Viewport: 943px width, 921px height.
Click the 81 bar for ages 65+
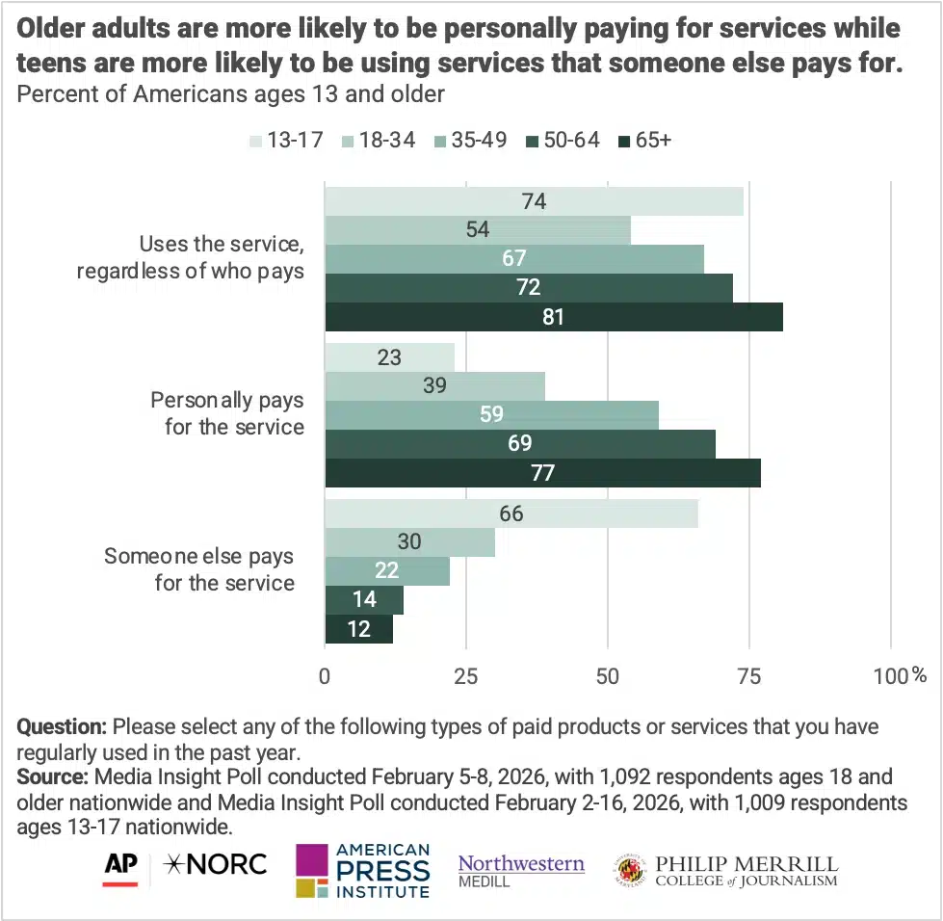[553, 317]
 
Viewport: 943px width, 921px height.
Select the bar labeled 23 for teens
[389, 357]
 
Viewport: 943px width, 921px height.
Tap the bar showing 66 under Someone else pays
[511, 513]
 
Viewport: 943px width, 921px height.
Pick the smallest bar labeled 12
[358, 629]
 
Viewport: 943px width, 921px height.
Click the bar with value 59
[491, 415]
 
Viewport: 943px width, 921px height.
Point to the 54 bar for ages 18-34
[477, 230]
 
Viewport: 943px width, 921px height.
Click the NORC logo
[217, 864]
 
